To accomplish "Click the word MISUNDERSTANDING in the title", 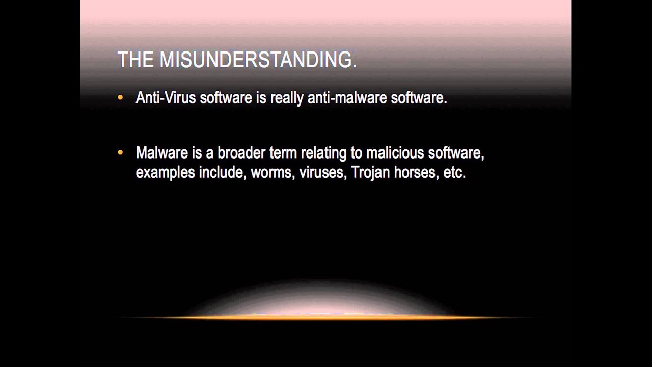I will point(258,60).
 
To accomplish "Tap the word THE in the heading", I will point(135,60).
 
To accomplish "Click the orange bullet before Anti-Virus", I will point(120,97).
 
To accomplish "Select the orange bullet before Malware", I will point(120,152).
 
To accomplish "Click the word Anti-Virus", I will point(166,98).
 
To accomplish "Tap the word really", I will point(287,98).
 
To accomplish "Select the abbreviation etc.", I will point(454,172).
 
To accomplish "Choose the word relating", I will point(323,153).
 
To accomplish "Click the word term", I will point(283,153).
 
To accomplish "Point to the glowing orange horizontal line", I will point(326,318).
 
